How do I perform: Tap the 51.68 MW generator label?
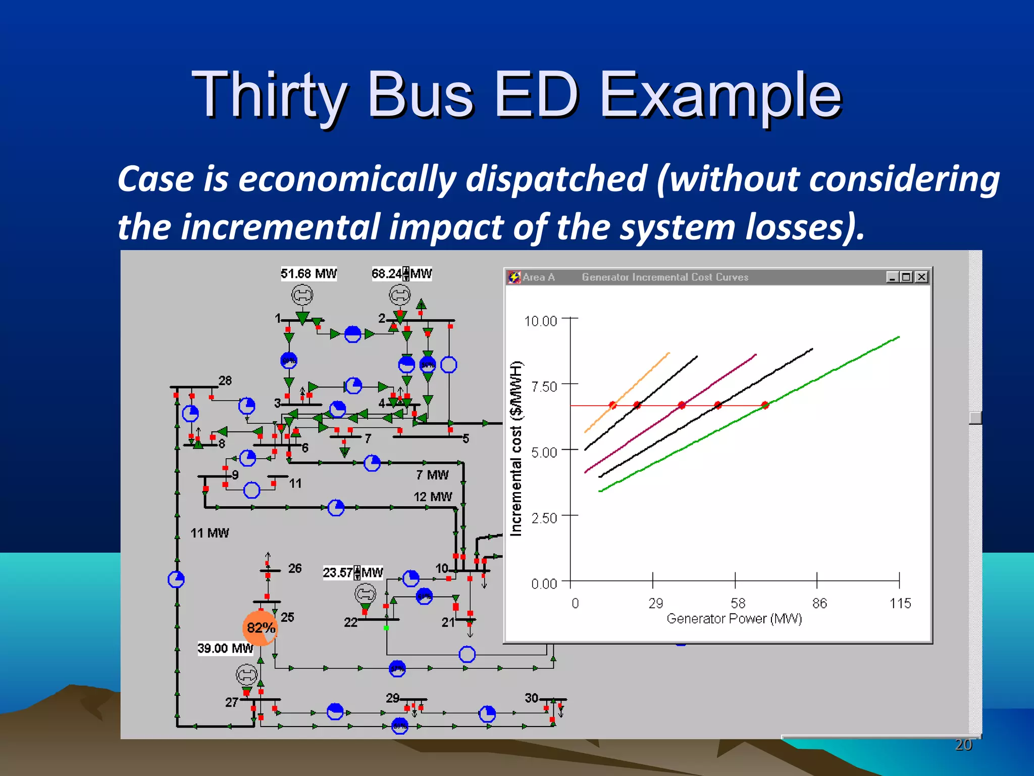pyautogui.click(x=308, y=274)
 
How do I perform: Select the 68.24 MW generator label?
pyautogui.click(x=401, y=274)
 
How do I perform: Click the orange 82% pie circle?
pyautogui.click(x=260, y=628)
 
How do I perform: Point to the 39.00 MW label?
pyautogui.click(x=225, y=648)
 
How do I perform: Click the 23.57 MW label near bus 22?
pyautogui.click(x=352, y=572)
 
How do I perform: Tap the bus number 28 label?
pyautogui.click(x=225, y=380)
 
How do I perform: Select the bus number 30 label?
pyautogui.click(x=531, y=698)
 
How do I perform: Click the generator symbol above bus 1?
pyautogui.click(x=302, y=295)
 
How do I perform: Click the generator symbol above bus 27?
pyautogui.click(x=247, y=674)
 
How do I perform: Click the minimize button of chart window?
pyautogui.click(x=892, y=277)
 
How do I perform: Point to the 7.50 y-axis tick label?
pyautogui.click(x=544, y=387)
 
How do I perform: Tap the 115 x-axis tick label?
pyautogui.click(x=900, y=603)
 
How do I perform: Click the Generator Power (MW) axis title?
pyautogui.click(x=734, y=619)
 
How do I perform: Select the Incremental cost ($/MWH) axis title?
pyautogui.click(x=515, y=449)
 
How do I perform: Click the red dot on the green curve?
pyautogui.click(x=765, y=405)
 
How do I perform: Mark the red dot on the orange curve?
pyautogui.click(x=613, y=405)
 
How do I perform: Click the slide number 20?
pyautogui.click(x=963, y=745)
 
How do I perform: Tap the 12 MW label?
pyautogui.click(x=433, y=497)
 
